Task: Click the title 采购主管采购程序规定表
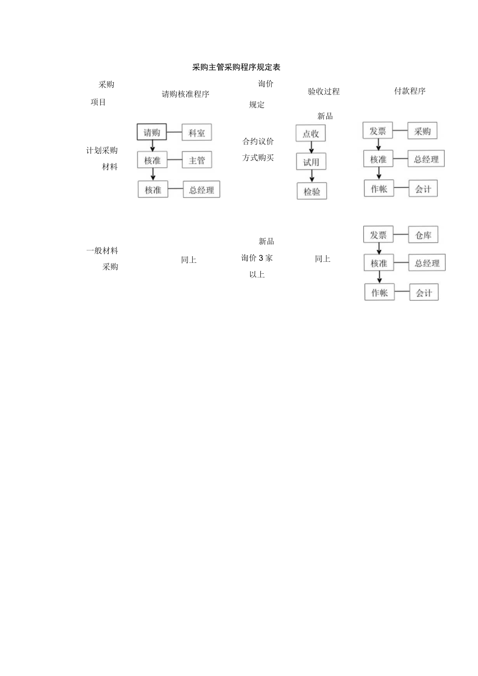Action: click(x=236, y=68)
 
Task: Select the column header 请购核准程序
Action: click(x=185, y=94)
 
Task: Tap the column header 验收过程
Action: click(x=323, y=92)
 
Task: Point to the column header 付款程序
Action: click(x=410, y=91)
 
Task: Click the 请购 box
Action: click(x=152, y=132)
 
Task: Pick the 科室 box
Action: click(x=197, y=132)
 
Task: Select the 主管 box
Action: click(x=197, y=161)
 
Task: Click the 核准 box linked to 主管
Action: click(x=153, y=161)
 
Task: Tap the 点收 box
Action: click(x=311, y=134)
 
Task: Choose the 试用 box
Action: click(x=311, y=162)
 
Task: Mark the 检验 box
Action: click(x=312, y=192)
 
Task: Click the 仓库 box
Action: click(x=423, y=235)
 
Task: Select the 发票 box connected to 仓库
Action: click(x=378, y=235)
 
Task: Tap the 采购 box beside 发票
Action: click(x=422, y=131)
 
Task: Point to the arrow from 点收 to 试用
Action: click(x=311, y=148)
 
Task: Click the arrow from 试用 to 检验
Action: click(x=311, y=177)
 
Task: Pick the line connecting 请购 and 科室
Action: click(x=174, y=132)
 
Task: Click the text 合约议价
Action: click(x=258, y=141)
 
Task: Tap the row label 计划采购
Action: click(x=102, y=151)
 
